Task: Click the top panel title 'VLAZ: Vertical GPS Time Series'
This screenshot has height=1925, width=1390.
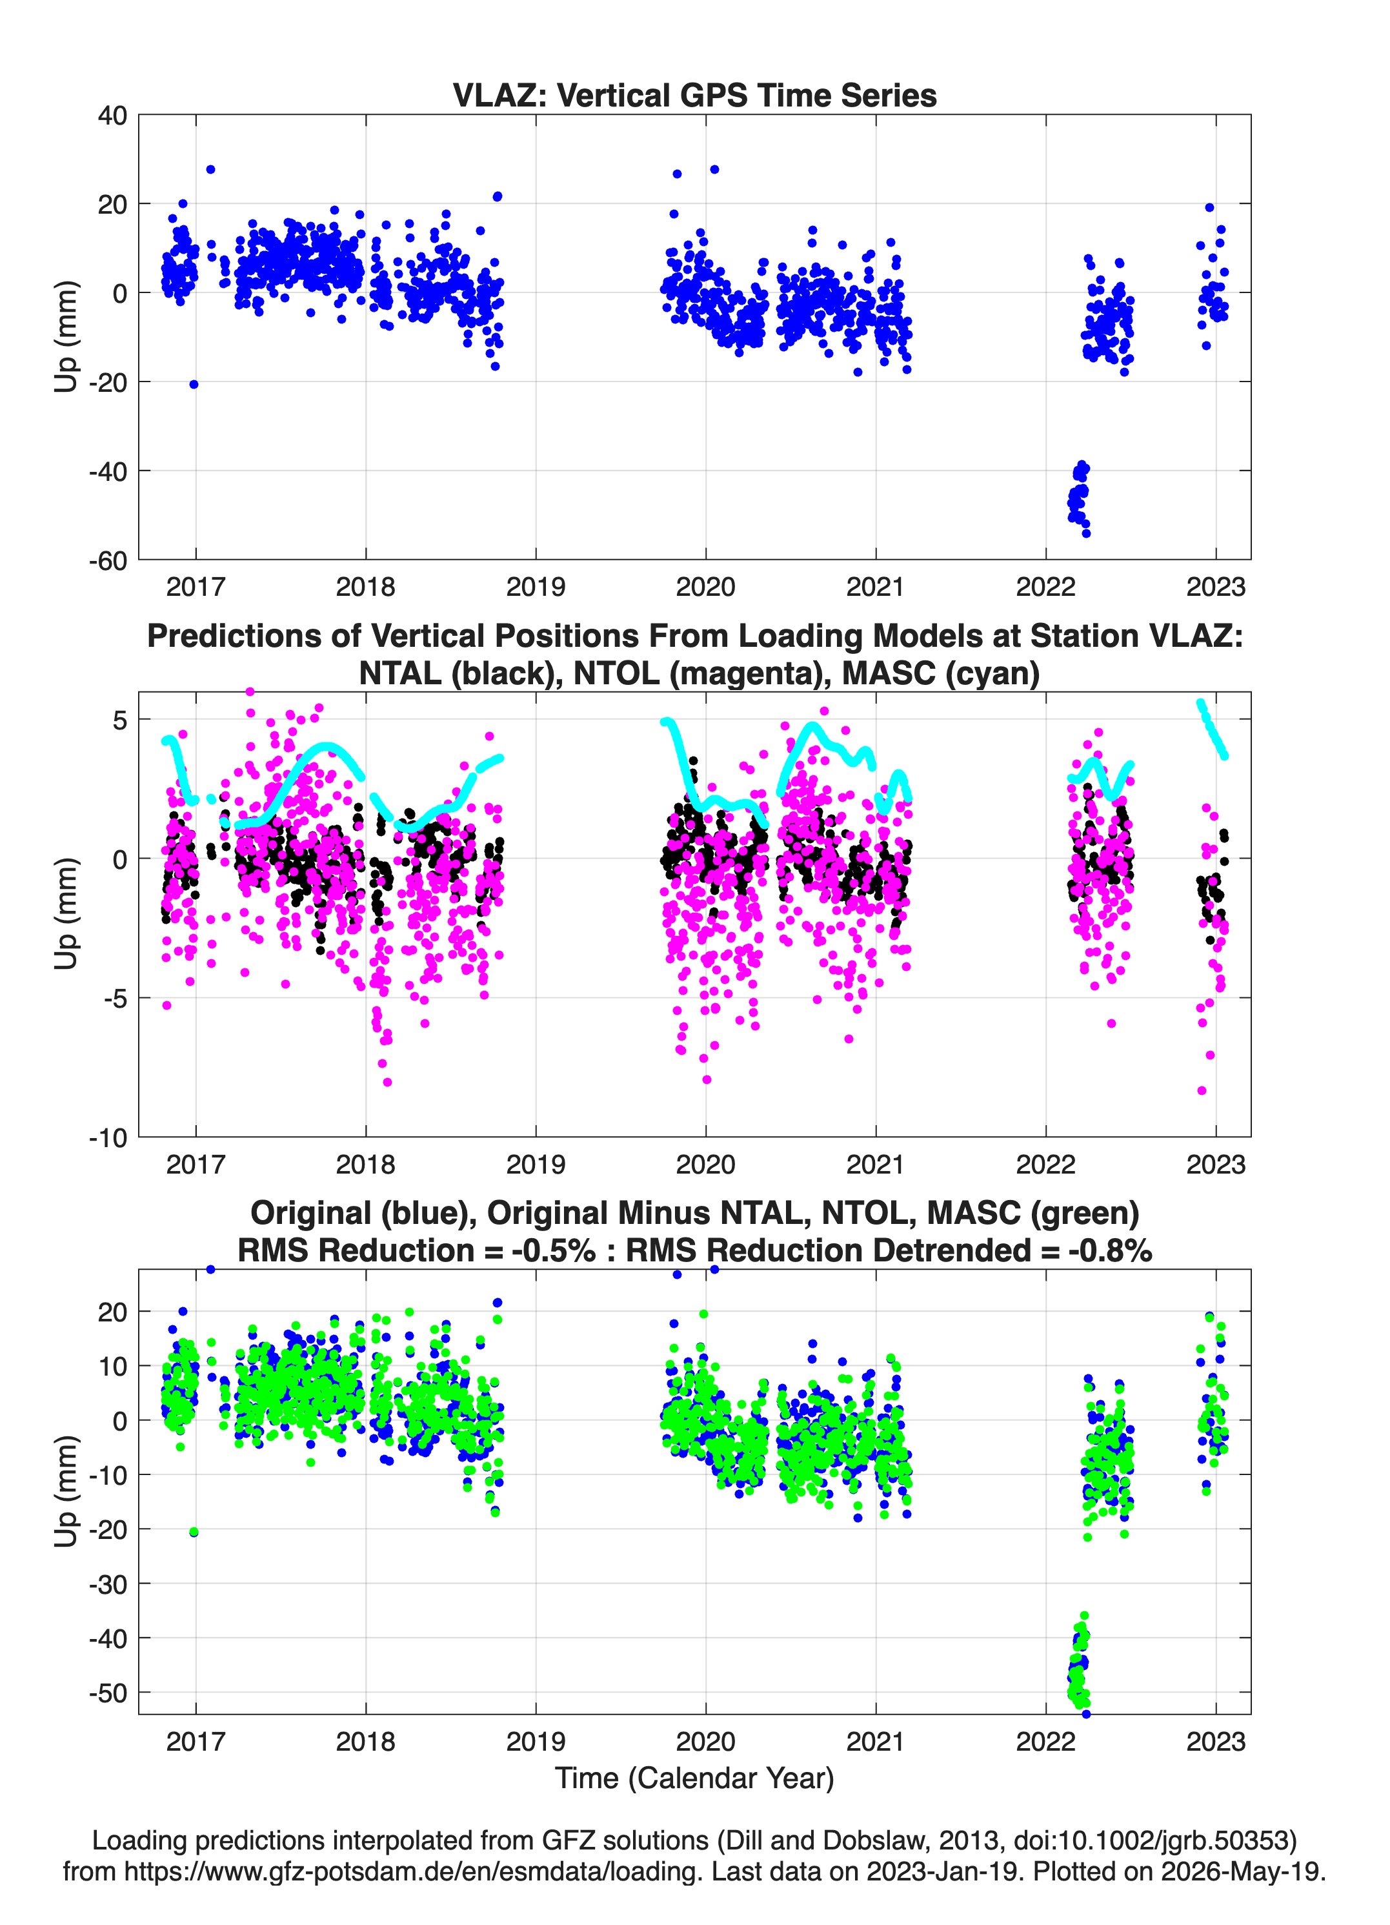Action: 694,95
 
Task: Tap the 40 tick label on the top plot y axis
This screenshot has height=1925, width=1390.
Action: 112,116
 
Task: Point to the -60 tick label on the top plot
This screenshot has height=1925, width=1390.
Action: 108,560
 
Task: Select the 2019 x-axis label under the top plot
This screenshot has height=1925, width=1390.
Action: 536,587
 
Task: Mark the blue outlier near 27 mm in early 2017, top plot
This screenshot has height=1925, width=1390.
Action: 210,170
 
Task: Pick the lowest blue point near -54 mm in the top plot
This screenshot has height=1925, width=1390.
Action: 1086,533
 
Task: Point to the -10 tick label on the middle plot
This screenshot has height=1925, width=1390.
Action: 108,1138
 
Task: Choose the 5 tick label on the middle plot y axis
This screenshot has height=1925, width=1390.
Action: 119,720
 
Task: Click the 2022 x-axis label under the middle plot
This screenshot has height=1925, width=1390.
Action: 1045,1165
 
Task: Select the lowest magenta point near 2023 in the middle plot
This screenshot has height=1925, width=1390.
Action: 1202,1091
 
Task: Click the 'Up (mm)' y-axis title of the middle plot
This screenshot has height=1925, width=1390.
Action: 66,914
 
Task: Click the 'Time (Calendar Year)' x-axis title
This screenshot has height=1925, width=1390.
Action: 694,1778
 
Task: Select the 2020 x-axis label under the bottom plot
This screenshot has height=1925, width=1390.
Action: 705,1741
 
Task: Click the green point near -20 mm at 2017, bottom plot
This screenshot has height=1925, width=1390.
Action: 194,1532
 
